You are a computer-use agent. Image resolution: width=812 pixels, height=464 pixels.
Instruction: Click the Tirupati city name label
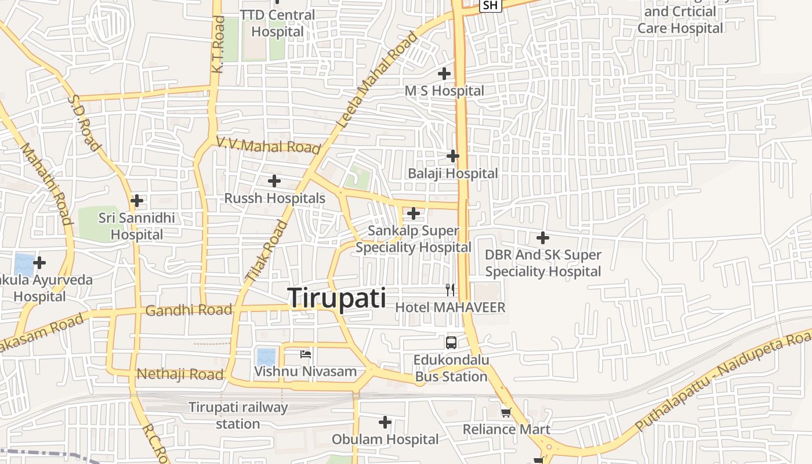pyautogui.click(x=337, y=298)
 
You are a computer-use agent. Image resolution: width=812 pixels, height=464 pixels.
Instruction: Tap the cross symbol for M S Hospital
pyautogui.click(x=444, y=74)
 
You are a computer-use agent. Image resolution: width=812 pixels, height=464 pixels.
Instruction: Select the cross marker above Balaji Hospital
pyautogui.click(x=453, y=156)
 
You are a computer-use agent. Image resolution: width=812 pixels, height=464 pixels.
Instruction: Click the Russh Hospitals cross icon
pyautogui.click(x=274, y=181)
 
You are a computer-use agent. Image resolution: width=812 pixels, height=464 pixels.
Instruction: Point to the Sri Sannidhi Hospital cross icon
pyautogui.click(x=137, y=201)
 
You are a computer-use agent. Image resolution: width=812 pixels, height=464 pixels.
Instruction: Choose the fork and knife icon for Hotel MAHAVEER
pyautogui.click(x=450, y=290)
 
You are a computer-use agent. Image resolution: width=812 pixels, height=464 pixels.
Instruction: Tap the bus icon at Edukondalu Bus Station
pyautogui.click(x=451, y=342)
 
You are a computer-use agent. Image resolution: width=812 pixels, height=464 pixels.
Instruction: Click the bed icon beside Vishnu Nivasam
pyautogui.click(x=306, y=354)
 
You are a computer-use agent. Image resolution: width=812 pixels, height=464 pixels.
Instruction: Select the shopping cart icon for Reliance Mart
pyautogui.click(x=506, y=412)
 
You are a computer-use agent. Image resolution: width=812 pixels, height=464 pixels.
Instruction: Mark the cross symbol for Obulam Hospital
pyautogui.click(x=385, y=422)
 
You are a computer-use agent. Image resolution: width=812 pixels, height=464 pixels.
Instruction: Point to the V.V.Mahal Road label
pyautogui.click(x=269, y=145)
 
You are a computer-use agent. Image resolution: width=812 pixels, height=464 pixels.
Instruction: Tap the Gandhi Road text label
pyautogui.click(x=188, y=310)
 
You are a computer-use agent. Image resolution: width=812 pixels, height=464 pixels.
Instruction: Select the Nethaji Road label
pyautogui.click(x=180, y=374)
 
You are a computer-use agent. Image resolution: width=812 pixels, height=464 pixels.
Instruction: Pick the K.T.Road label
pyautogui.click(x=218, y=45)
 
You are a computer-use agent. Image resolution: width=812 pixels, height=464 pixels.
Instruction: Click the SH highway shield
pyautogui.click(x=491, y=5)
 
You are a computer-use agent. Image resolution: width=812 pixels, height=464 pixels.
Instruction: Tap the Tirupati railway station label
pyautogui.click(x=238, y=415)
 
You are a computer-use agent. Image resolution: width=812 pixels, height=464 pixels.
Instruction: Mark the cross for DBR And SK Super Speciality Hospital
pyautogui.click(x=543, y=238)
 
